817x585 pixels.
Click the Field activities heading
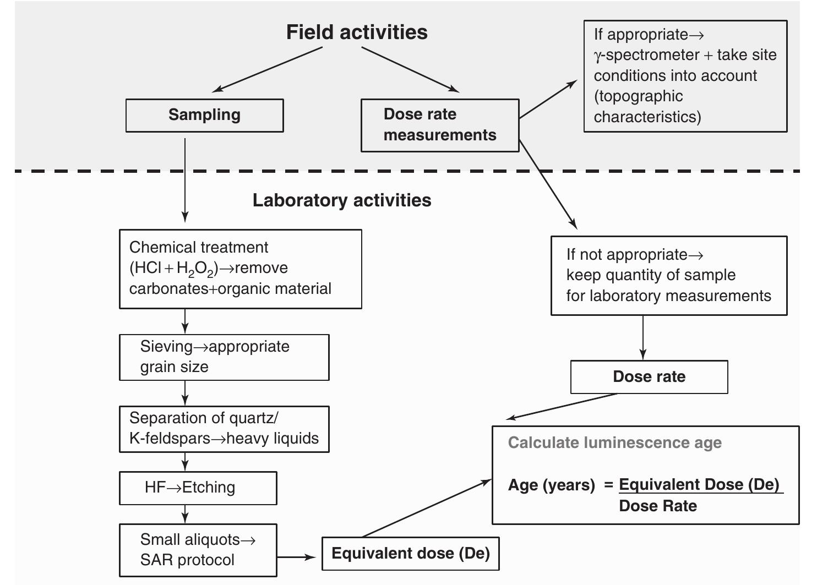[357, 32]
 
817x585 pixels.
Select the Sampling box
[204, 115]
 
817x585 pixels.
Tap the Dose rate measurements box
[439, 125]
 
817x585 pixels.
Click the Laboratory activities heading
[341, 200]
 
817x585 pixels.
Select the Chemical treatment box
[240, 269]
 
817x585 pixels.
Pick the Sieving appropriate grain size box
[224, 357]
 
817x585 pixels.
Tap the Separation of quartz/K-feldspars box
[224, 429]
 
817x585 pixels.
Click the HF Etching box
[198, 488]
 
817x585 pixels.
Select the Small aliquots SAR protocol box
[198, 549]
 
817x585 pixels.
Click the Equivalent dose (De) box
[410, 553]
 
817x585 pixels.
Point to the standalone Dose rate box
[649, 377]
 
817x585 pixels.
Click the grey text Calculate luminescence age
[614, 443]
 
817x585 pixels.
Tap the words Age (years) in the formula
[551, 485]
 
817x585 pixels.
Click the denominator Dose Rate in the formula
[657, 506]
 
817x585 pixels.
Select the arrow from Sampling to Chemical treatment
[185, 179]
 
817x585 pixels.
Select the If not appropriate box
[668, 275]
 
